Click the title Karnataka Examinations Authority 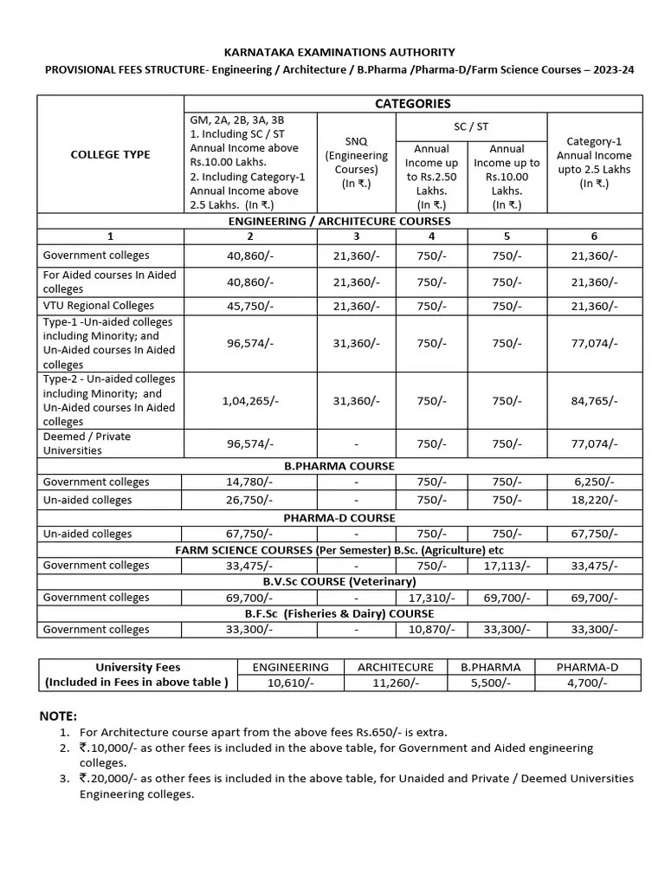[339, 52]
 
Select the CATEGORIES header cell [412, 103]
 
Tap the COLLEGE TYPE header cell [110, 154]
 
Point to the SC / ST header [471, 126]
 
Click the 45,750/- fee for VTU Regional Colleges [250, 306]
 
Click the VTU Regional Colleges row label [99, 305]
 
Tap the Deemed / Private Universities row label [87, 443]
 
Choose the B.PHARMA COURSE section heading [339, 465]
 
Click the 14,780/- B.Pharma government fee [250, 482]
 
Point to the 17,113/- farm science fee [507, 565]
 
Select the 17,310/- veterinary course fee [431, 597]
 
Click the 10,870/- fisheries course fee [431, 629]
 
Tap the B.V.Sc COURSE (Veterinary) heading [339, 581]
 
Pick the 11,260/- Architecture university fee [395, 683]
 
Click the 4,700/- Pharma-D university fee [587, 683]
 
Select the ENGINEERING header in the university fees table [290, 667]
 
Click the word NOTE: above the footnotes [58, 715]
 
